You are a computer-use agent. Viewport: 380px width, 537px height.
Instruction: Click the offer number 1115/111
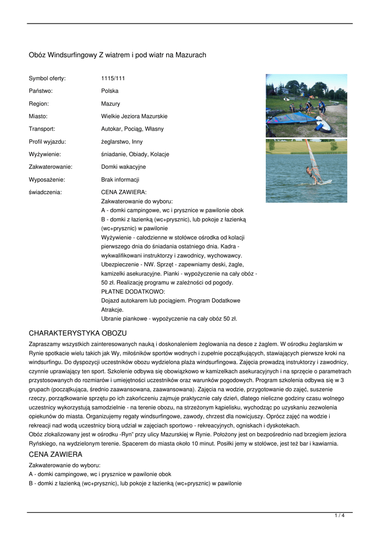click(x=113, y=78)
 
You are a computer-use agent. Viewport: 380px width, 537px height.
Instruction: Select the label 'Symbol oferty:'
click(x=47, y=78)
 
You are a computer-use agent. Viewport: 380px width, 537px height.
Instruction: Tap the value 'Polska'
click(x=110, y=91)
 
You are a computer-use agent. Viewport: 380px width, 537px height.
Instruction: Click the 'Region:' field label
click(x=39, y=104)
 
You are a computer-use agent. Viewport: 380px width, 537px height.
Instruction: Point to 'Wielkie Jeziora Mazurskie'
click(x=134, y=116)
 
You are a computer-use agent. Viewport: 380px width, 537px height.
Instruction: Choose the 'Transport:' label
click(x=42, y=129)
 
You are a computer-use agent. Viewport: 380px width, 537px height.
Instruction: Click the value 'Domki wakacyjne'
click(x=123, y=167)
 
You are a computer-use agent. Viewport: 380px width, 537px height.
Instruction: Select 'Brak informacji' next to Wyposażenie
click(x=120, y=179)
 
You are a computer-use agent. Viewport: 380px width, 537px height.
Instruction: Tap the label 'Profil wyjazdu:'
click(x=48, y=142)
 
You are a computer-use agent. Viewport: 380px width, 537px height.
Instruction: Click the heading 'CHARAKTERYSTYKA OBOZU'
click(x=78, y=333)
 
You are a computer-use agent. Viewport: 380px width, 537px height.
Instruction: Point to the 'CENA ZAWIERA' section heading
click(x=56, y=454)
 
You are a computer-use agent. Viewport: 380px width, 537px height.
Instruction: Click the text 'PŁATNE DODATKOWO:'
click(x=133, y=291)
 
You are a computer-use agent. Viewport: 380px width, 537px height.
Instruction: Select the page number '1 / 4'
click(x=340, y=516)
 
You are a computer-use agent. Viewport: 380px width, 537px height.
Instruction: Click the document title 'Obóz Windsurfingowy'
click(x=117, y=55)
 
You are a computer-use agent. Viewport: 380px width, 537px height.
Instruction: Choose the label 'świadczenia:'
click(x=45, y=192)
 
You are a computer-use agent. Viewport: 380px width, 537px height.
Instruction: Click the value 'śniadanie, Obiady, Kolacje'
click(x=135, y=154)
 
